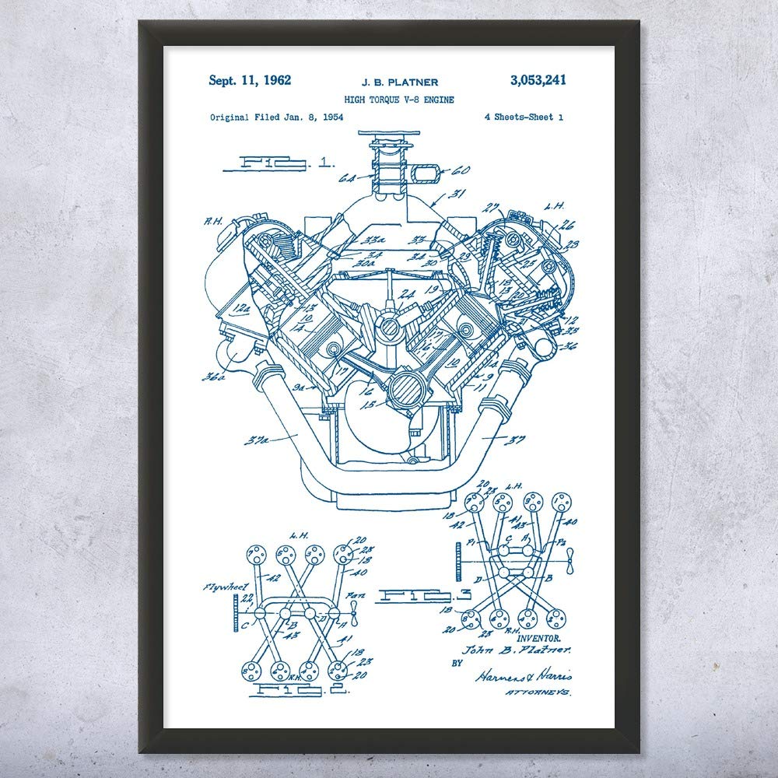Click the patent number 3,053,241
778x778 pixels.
[x=538, y=79]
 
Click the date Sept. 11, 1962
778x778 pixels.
[x=250, y=79]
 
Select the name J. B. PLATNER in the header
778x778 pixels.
[x=398, y=82]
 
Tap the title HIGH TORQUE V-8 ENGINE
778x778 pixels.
[x=399, y=100]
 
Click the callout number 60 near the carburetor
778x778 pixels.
[x=461, y=170]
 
